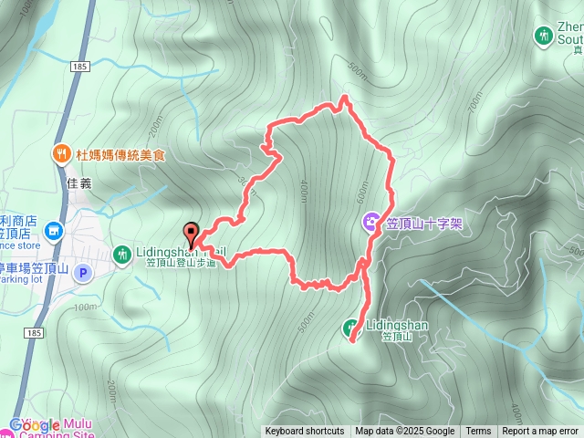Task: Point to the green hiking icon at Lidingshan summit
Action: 350,327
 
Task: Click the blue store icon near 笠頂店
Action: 54,232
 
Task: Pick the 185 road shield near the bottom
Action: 34,334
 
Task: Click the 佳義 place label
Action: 80,182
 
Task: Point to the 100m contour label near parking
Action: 86,307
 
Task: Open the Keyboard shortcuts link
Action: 305,432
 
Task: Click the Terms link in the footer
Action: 478,432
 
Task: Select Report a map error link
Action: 540,432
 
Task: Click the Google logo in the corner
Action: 35,425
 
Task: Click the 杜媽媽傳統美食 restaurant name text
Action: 120,155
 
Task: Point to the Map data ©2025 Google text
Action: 405,432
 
